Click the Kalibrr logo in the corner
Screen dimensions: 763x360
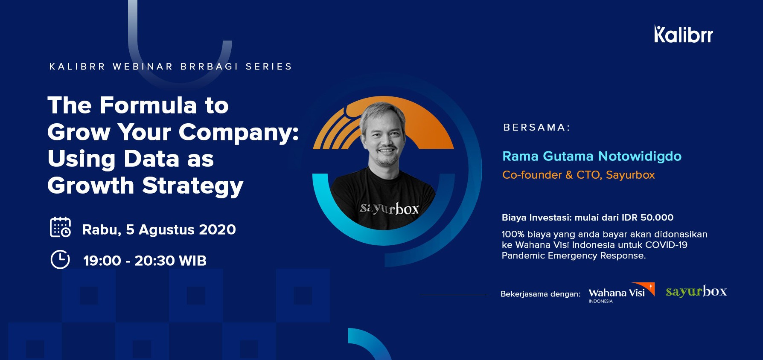(x=683, y=34)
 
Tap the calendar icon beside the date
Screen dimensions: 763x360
(x=60, y=227)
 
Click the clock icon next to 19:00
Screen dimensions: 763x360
(x=60, y=259)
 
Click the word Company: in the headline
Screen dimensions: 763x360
(x=239, y=133)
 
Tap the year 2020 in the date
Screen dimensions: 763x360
(x=217, y=229)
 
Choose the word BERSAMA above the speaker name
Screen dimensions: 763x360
(x=534, y=128)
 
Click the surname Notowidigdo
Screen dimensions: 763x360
(x=640, y=156)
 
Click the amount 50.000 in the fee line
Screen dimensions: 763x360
(x=657, y=218)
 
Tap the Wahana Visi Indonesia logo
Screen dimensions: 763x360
(x=621, y=293)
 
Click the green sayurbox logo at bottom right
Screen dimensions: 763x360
(x=696, y=291)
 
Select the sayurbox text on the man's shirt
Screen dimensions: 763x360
(x=389, y=209)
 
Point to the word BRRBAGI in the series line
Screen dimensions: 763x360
(x=209, y=67)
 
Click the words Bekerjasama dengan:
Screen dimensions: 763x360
(x=540, y=294)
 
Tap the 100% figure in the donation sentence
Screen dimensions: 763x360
(x=513, y=234)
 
